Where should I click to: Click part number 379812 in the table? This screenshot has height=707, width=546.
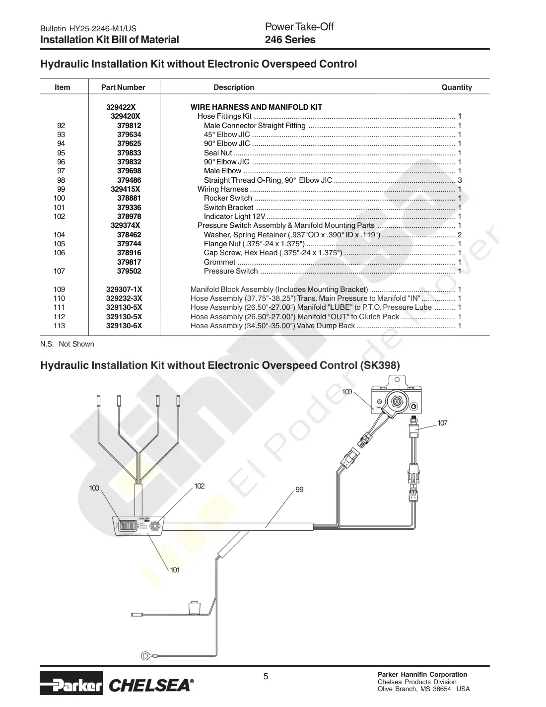point(129,126)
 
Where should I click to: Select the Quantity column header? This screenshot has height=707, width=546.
point(457,87)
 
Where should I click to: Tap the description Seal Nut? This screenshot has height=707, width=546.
point(218,152)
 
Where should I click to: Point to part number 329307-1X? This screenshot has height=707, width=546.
point(124,289)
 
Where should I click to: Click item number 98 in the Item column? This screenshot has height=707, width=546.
point(61,180)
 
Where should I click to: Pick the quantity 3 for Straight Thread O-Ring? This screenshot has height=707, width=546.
point(460,180)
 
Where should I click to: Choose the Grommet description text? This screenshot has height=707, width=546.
point(219,262)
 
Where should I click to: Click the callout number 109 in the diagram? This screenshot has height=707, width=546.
point(347,392)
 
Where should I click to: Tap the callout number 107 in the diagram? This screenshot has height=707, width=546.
point(442,423)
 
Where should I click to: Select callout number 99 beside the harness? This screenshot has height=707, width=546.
point(299,490)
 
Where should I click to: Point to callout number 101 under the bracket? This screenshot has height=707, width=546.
point(175,569)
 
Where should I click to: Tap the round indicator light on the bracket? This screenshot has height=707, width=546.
point(155,525)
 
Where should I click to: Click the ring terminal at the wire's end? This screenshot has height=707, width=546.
point(145,655)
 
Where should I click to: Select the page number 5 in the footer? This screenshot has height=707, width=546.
point(266,676)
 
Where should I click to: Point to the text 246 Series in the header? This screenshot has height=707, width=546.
point(290,40)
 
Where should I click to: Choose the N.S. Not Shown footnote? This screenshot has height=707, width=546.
point(67,344)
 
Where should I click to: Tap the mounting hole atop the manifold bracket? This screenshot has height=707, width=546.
point(397,379)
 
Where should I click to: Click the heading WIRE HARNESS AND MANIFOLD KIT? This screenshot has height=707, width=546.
point(256,107)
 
